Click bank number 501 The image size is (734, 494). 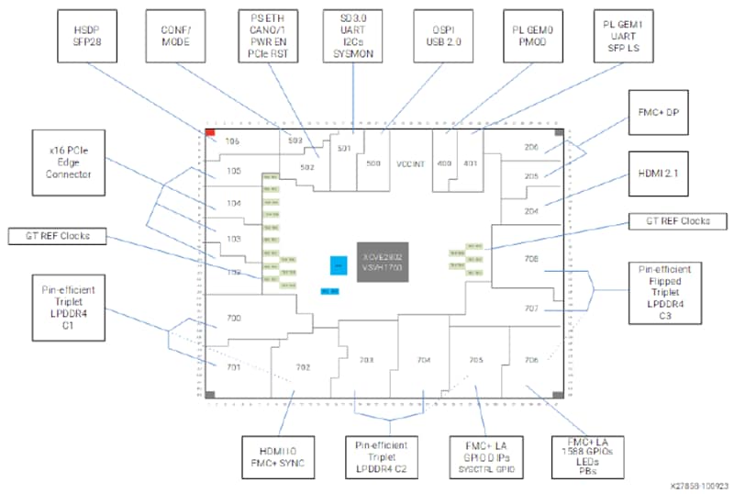click(x=345, y=148)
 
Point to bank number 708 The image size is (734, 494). click(x=530, y=260)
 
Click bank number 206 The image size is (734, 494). click(x=530, y=147)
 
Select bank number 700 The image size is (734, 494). click(x=233, y=318)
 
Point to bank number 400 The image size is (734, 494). click(x=445, y=163)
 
